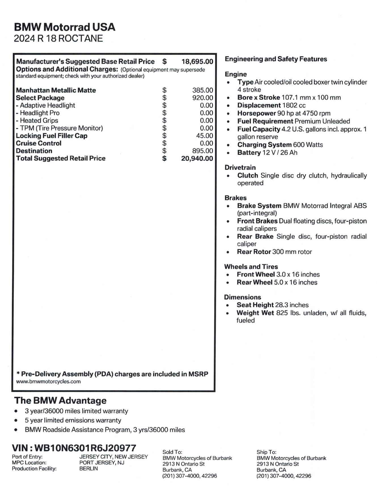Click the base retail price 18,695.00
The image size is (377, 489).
[197, 62]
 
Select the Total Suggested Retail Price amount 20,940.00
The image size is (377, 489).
[197, 158]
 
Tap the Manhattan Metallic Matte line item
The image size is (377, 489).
[56, 90]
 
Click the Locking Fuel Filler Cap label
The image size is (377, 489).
[52, 136]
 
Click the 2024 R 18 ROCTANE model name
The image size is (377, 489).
[58, 39]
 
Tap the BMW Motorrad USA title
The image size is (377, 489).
[65, 27]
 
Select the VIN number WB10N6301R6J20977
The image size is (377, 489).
[85, 448]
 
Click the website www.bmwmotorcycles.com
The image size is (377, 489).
[48, 382]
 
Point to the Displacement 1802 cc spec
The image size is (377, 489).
[271, 105]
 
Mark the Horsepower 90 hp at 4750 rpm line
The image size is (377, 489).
[284, 113]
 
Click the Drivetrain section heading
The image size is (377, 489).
[240, 167]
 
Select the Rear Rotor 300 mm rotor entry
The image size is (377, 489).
[274, 252]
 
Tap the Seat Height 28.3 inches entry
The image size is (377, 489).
[272, 305]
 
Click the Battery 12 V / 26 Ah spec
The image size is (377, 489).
[267, 153]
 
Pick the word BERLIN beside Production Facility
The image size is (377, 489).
[88, 469]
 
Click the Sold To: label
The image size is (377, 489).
[172, 452]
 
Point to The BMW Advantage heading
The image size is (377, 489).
[60, 401]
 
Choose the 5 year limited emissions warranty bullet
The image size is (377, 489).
[73, 420]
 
